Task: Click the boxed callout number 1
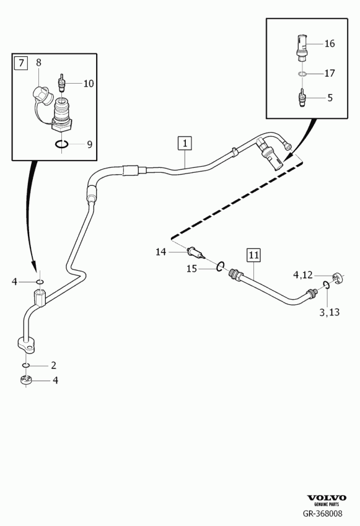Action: (185, 144)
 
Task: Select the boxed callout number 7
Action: (21, 63)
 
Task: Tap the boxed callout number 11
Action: (253, 255)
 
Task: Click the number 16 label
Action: (330, 43)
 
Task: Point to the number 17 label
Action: (330, 73)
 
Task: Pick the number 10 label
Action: (89, 83)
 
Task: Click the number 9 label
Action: (89, 144)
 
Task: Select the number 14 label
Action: (160, 252)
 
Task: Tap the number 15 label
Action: (191, 269)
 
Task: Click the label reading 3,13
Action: (329, 312)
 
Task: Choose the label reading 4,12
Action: (302, 275)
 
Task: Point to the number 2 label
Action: (53, 366)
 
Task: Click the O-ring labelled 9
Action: (62, 144)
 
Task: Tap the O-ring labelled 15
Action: (220, 266)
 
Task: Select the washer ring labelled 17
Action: (302, 74)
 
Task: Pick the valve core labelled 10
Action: (61, 83)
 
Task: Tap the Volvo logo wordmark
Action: (327, 498)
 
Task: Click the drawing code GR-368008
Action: (323, 513)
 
